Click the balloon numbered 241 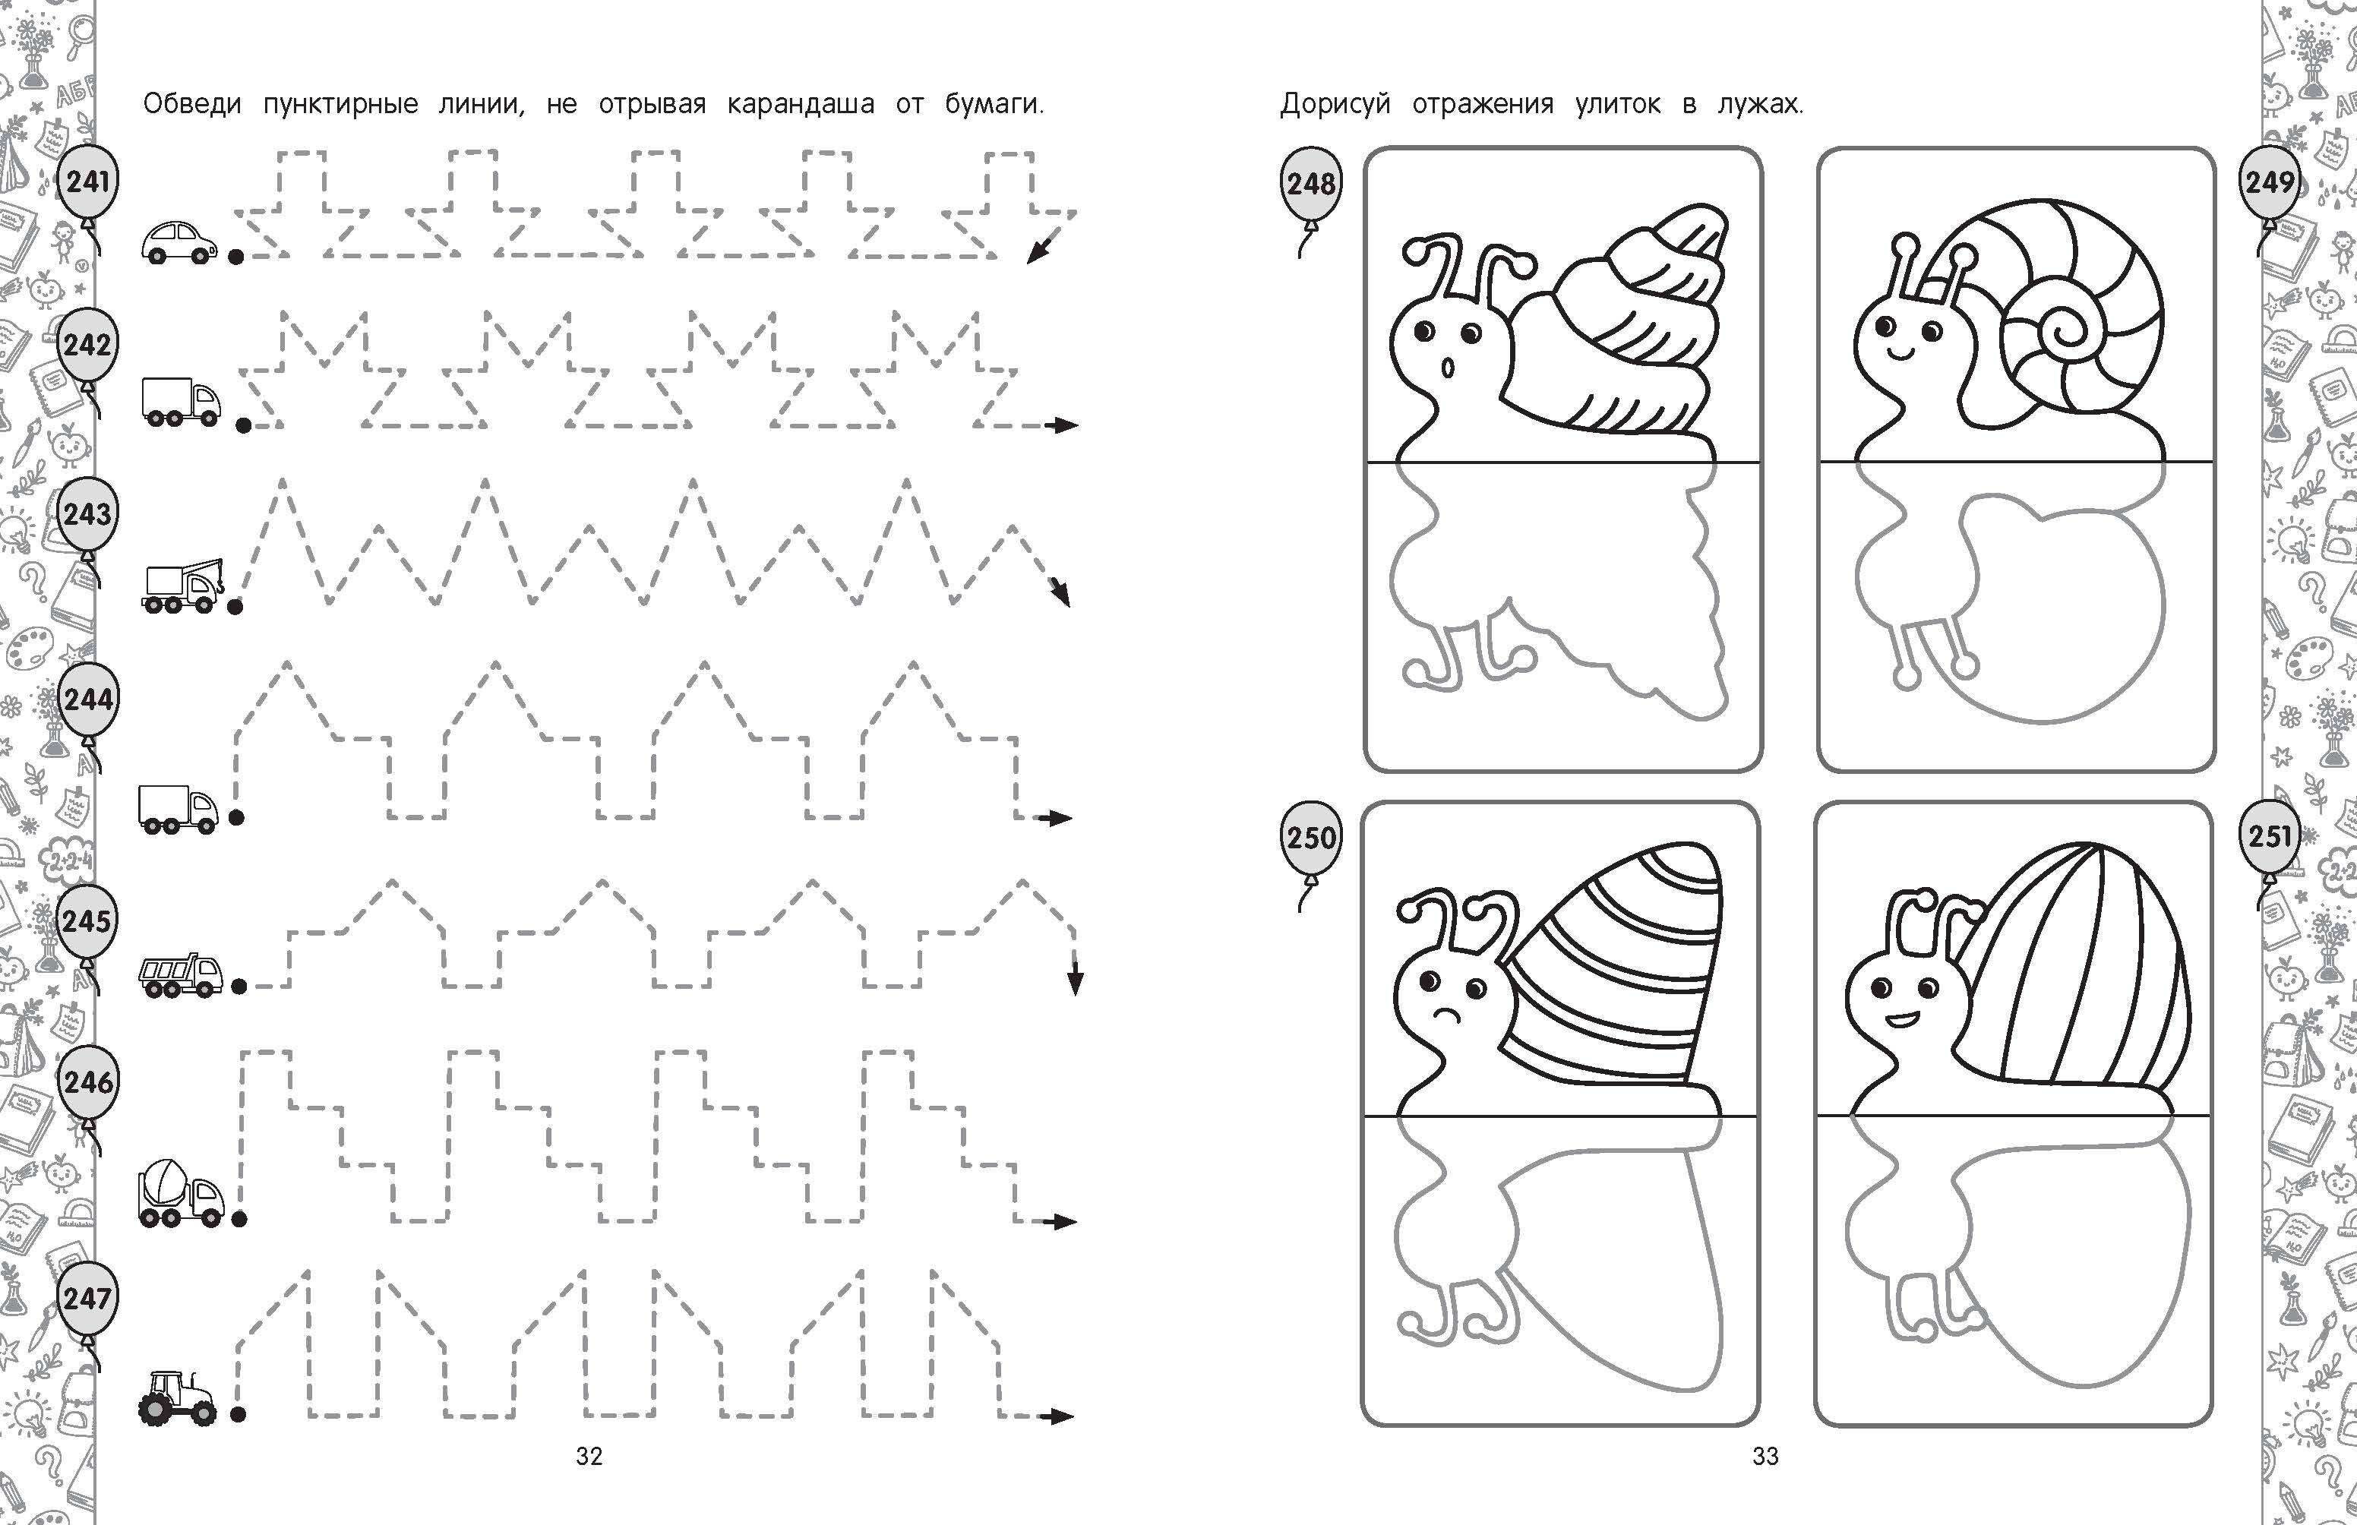point(87,183)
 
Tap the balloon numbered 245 point(87,922)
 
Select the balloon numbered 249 point(2269,182)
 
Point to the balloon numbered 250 point(1311,838)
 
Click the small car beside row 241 point(179,242)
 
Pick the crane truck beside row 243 point(185,587)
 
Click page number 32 point(589,1456)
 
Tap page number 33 point(1766,1456)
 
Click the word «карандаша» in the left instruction point(800,104)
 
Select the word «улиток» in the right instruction point(1618,105)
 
